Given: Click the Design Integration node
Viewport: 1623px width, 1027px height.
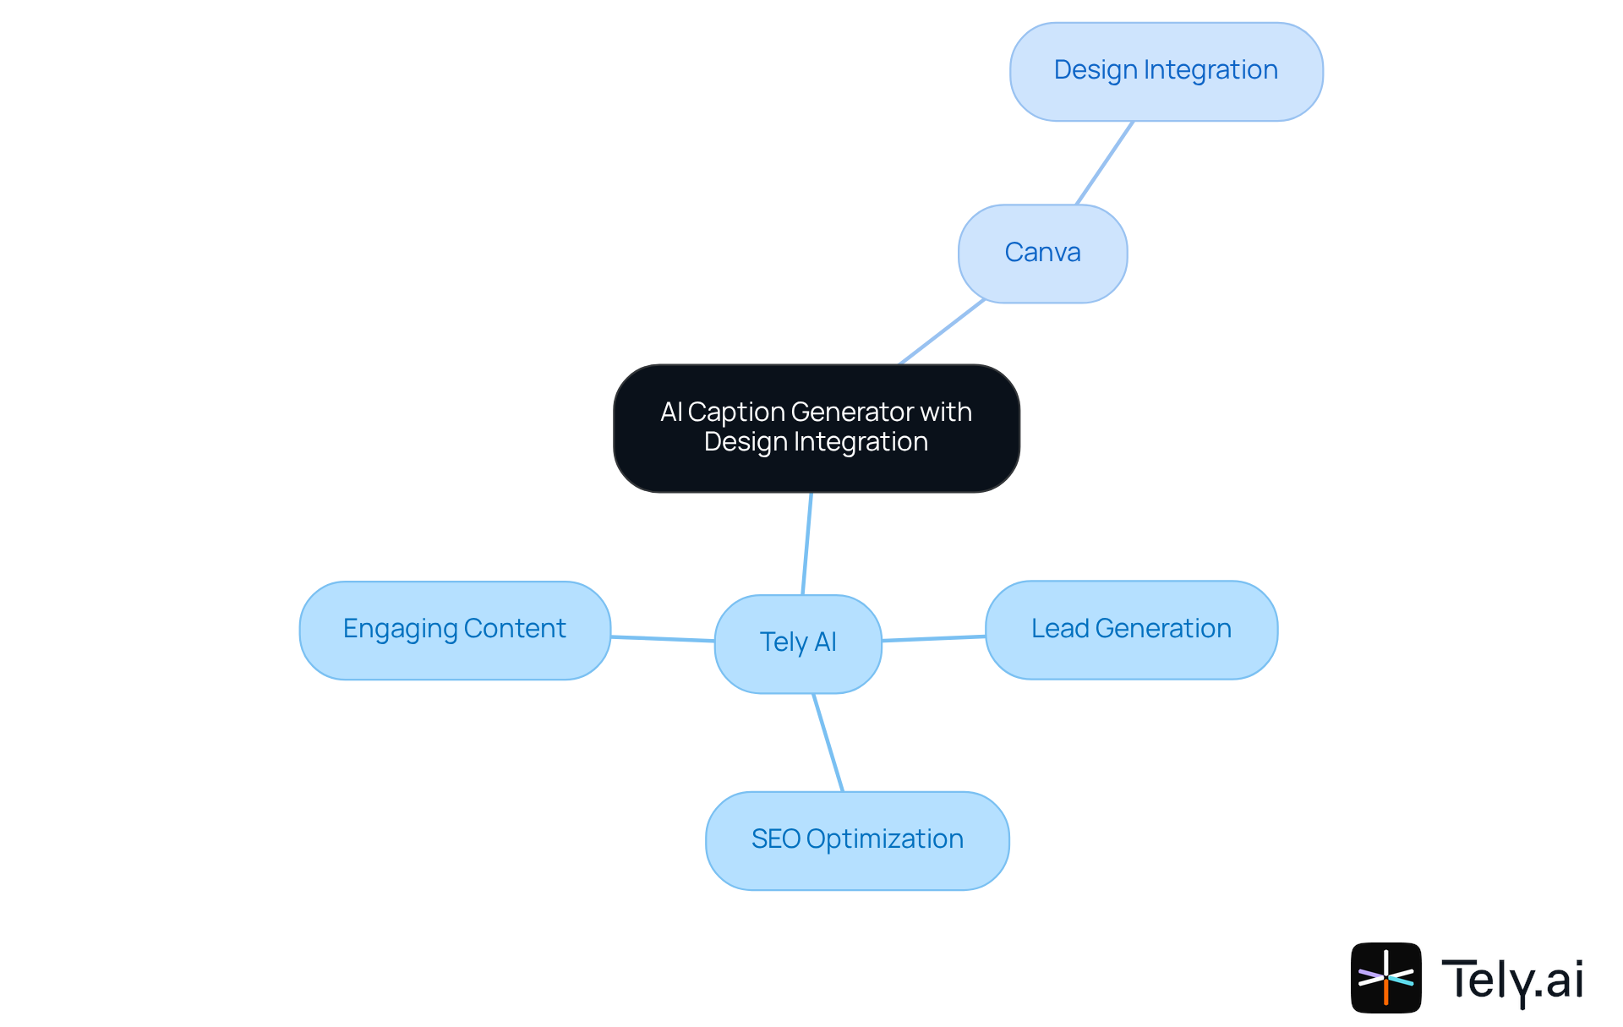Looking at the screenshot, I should (x=1166, y=72).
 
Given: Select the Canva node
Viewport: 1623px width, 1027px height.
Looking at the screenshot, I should (x=1042, y=253).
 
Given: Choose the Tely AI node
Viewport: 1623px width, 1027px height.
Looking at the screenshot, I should (x=798, y=643).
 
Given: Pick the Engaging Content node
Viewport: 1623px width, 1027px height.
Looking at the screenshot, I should (x=455, y=631).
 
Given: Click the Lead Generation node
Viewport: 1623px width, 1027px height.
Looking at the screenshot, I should (x=1131, y=630).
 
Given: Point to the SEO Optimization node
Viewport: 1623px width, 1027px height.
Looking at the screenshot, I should (x=857, y=840).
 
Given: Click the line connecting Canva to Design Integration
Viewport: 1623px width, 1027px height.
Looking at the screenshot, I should (x=1104, y=163).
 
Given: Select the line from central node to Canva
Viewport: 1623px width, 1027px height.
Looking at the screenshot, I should (x=942, y=332).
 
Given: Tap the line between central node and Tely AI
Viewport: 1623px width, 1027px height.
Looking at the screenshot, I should (x=807, y=544).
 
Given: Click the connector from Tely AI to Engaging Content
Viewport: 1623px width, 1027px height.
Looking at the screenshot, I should (x=663, y=639).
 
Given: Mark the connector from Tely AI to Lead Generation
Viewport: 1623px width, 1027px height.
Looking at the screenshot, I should (x=933, y=638).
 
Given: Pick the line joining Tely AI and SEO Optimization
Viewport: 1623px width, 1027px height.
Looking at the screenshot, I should (x=828, y=742).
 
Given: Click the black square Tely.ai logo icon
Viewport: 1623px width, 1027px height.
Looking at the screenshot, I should (x=1385, y=977).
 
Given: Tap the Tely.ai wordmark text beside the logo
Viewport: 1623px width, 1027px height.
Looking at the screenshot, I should (x=1511, y=980).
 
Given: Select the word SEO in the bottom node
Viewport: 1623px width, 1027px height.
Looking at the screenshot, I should (x=775, y=839).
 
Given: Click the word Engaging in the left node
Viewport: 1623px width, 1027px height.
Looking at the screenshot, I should (x=400, y=630).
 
